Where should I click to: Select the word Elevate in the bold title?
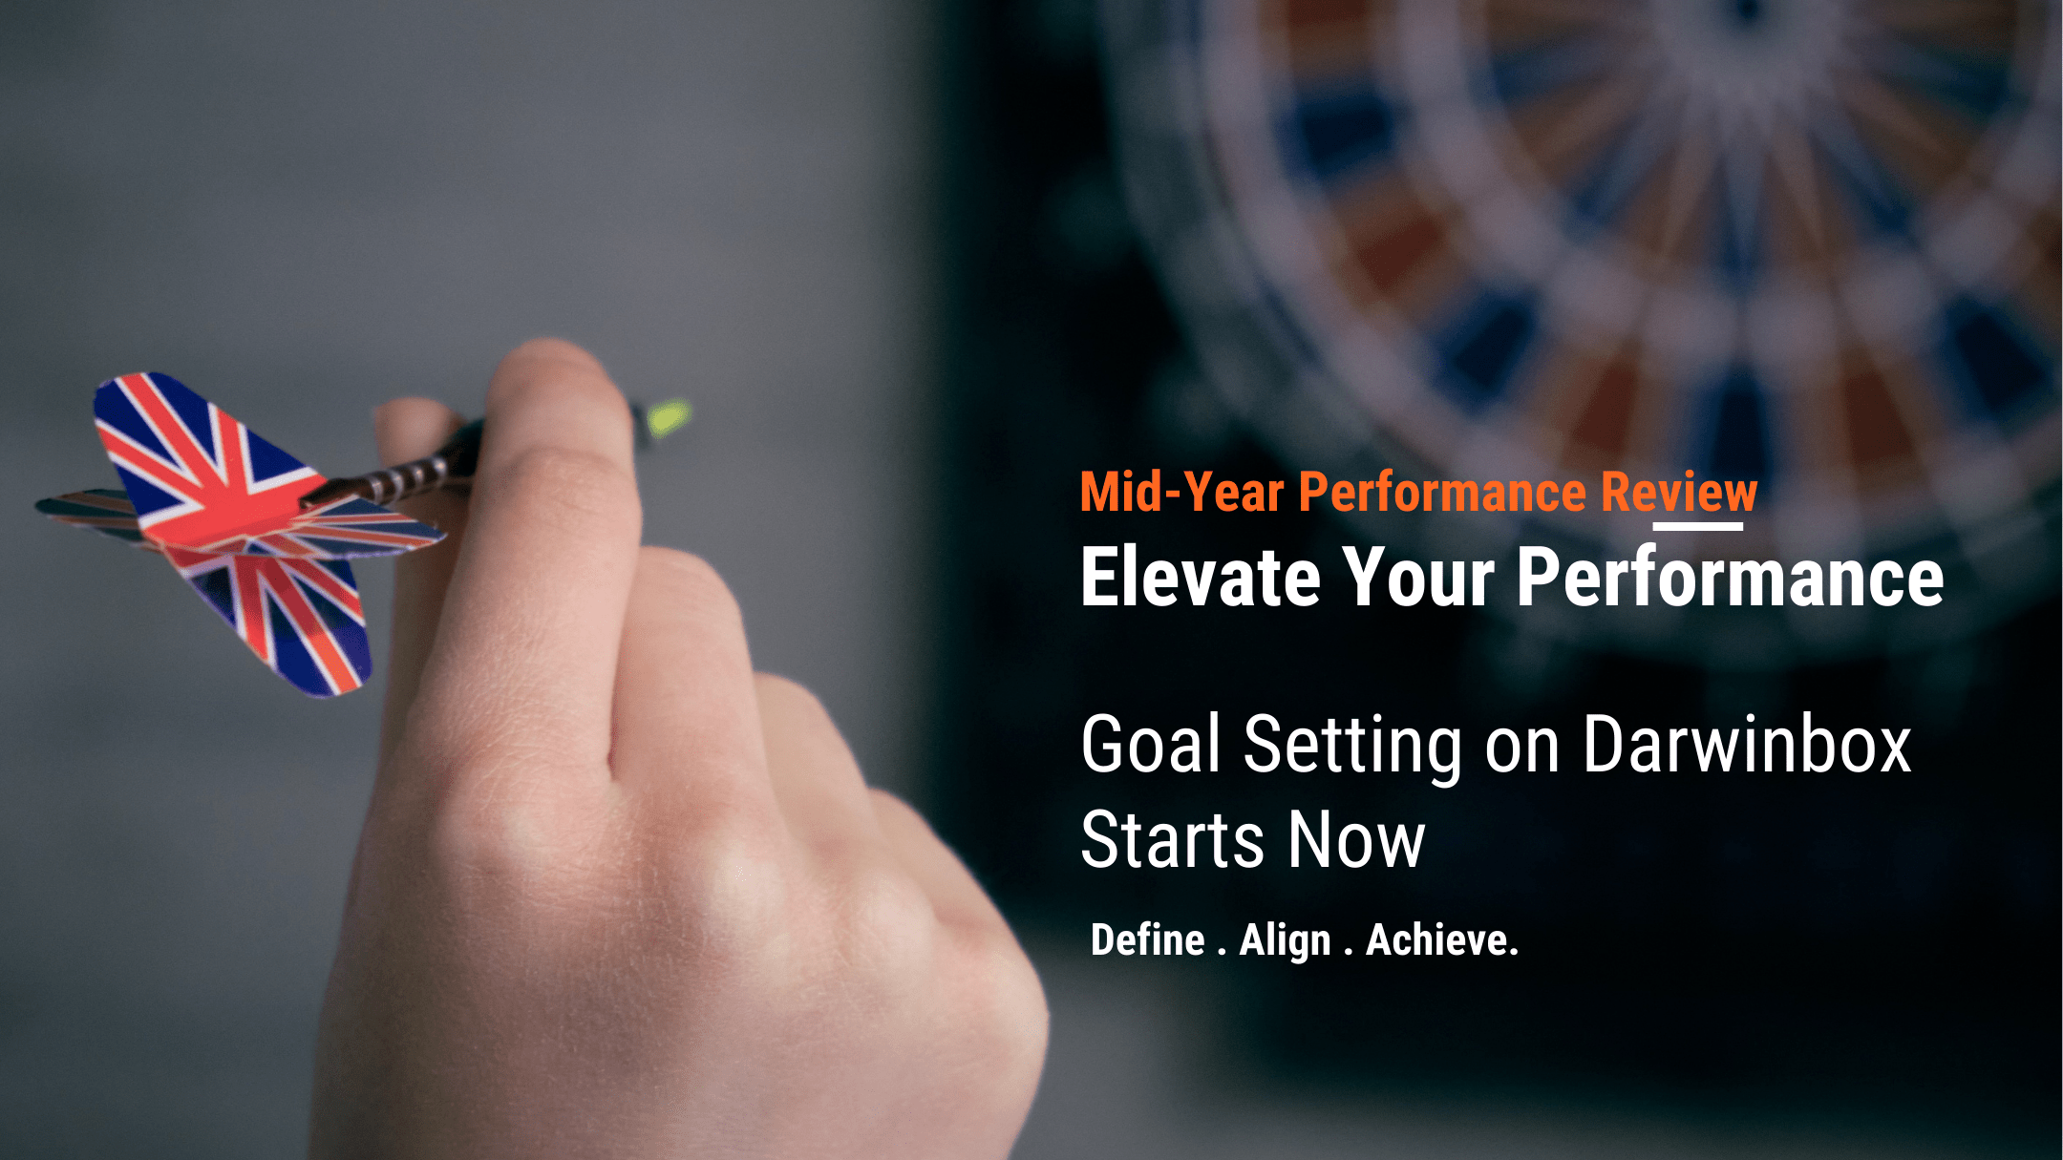1201,578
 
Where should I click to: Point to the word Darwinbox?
1747,744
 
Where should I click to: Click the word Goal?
1151,744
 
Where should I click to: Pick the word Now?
1356,840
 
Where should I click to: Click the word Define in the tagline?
1148,940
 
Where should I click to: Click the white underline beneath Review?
1698,526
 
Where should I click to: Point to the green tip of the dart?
669,417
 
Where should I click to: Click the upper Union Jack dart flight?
205,449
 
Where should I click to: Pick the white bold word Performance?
1730,578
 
